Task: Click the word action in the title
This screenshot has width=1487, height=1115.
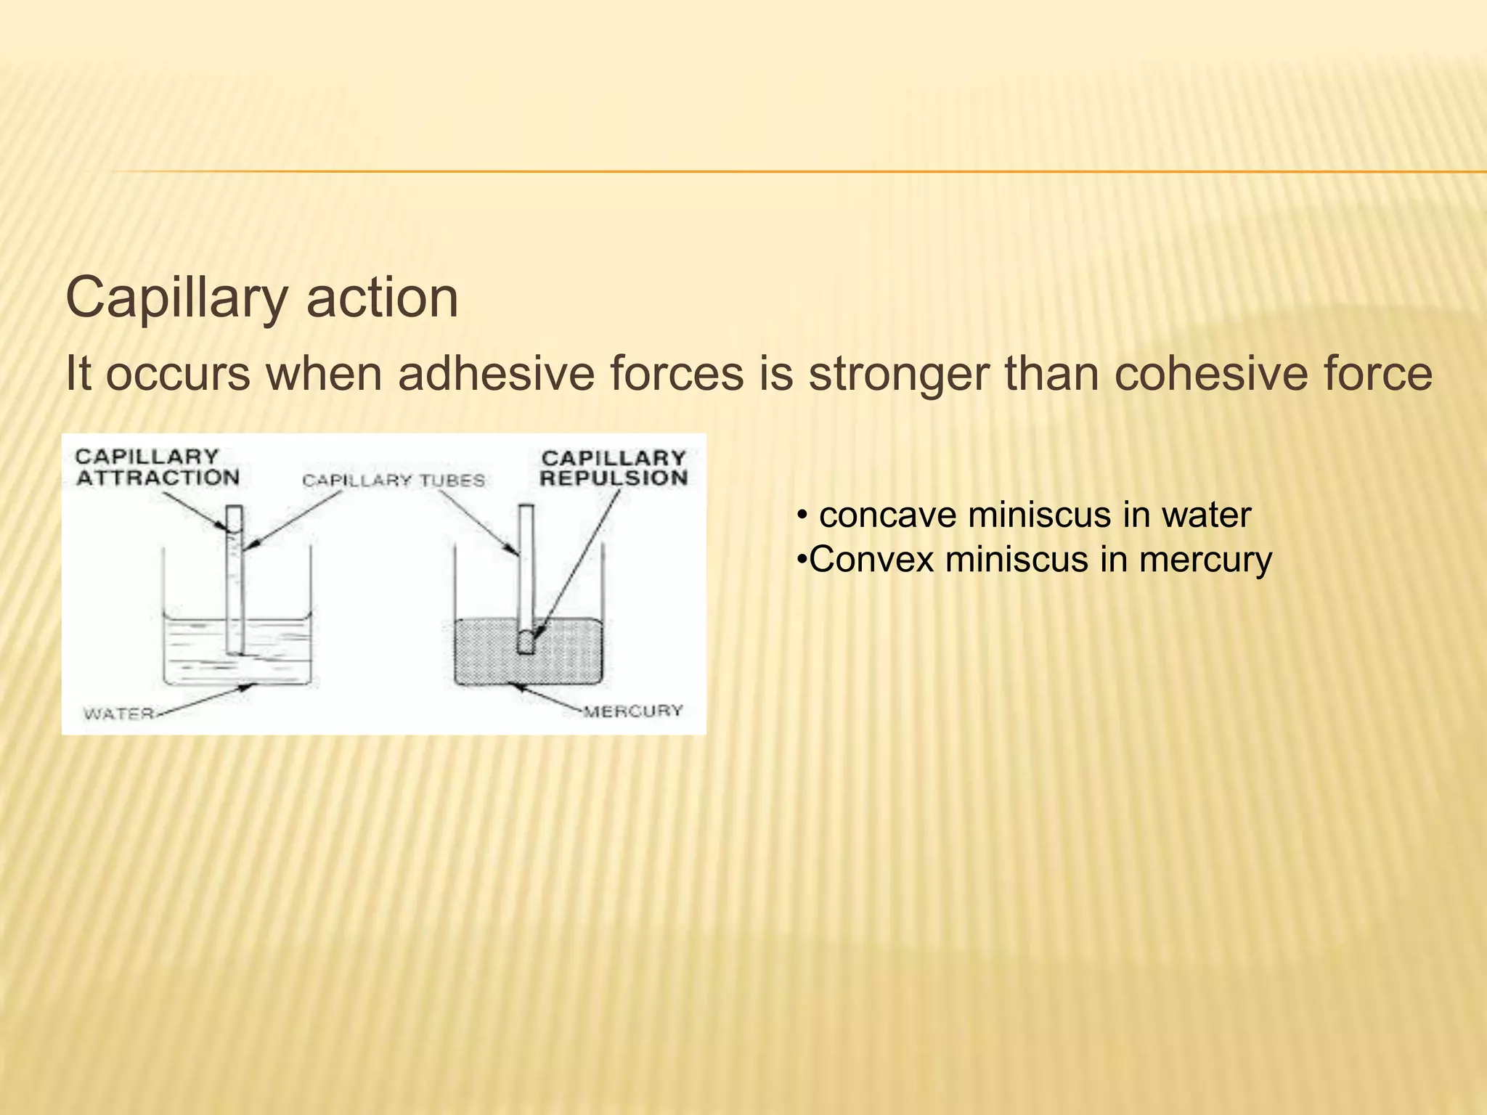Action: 382,298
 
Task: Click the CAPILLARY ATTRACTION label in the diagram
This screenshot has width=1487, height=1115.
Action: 158,467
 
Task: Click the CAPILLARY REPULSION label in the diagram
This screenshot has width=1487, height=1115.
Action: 614,468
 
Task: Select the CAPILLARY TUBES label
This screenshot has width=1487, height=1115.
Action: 394,481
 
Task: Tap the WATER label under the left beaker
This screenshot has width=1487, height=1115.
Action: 118,714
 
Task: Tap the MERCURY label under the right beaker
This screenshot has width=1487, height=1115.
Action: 634,711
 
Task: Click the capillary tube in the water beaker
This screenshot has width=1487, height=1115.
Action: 234,581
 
